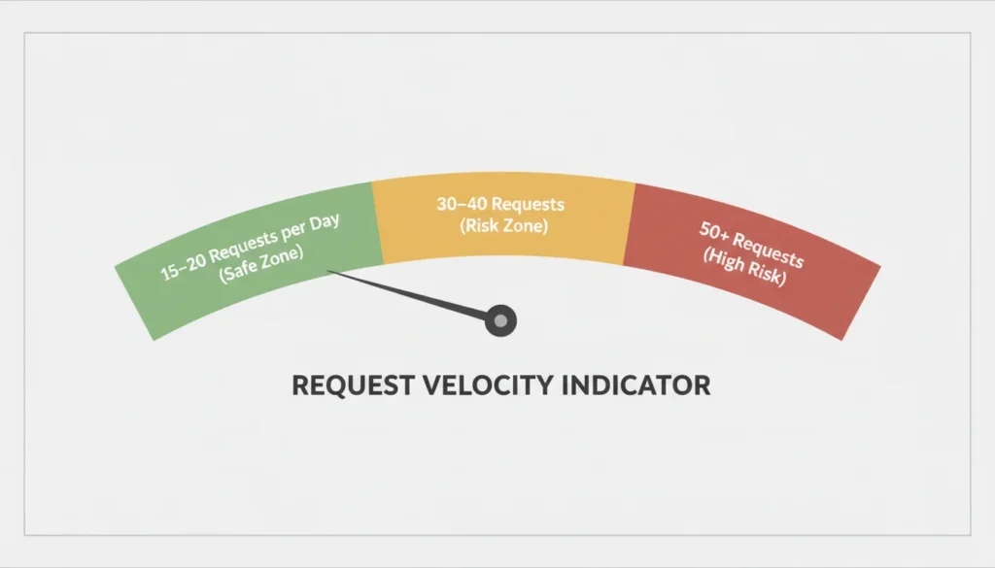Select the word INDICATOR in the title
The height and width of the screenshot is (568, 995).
click(x=637, y=385)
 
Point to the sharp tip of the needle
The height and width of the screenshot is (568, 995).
click(x=330, y=271)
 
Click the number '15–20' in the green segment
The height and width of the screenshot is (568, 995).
click(x=183, y=268)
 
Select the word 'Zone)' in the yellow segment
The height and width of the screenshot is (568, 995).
click(x=525, y=226)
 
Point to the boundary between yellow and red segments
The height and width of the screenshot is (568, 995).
click(x=629, y=223)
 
